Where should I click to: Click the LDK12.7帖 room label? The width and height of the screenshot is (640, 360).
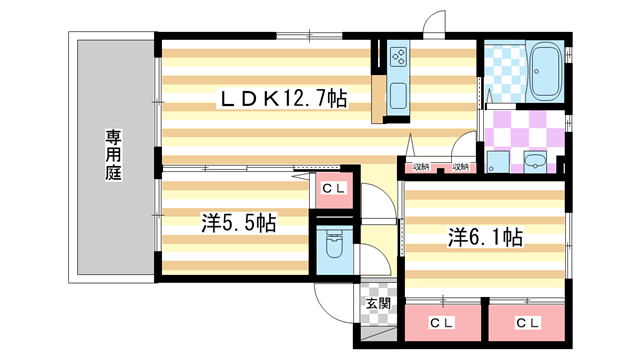(x=284, y=99)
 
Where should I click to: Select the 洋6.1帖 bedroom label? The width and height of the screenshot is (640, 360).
(x=484, y=237)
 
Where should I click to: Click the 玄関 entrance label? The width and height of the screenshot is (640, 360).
(x=377, y=303)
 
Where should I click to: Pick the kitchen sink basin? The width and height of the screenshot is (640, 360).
(x=397, y=96)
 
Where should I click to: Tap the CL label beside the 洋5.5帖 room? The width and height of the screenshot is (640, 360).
(x=333, y=187)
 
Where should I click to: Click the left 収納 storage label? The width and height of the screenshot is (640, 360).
(x=421, y=167)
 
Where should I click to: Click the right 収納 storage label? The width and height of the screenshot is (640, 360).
(x=460, y=167)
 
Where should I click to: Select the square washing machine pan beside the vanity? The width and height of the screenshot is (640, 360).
(x=496, y=161)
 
